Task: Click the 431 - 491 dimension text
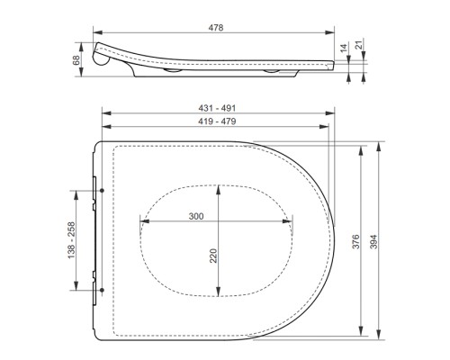click(x=216, y=108)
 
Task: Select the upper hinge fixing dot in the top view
click(x=104, y=190)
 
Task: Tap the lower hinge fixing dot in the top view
click(x=104, y=289)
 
